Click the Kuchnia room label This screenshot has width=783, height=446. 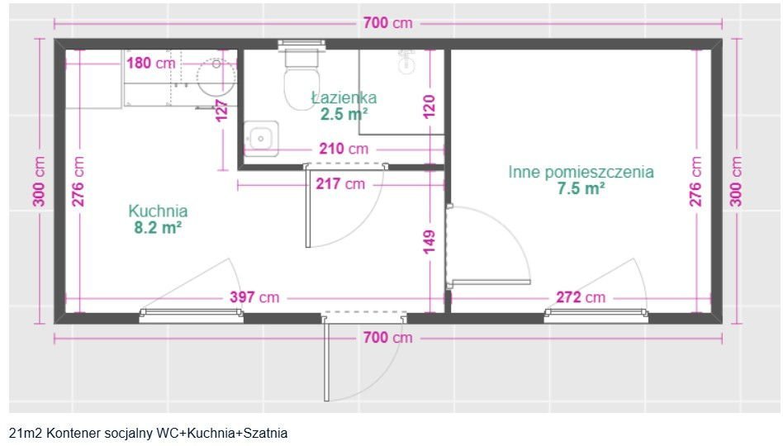(x=158, y=211)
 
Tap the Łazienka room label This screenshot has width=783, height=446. (x=344, y=97)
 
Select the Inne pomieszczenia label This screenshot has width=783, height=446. (x=581, y=172)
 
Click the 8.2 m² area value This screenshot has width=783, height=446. (x=158, y=227)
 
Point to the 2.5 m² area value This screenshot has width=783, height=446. (x=344, y=114)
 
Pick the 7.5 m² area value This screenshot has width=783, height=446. (x=581, y=188)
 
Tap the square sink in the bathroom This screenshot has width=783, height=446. (x=262, y=138)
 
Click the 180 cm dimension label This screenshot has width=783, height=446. (x=150, y=63)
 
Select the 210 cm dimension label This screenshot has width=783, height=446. (x=344, y=149)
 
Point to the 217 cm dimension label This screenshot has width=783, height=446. (x=339, y=183)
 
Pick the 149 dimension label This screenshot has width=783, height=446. (x=429, y=242)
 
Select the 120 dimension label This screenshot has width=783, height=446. (x=429, y=107)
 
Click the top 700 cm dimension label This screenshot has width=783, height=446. (x=387, y=23)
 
